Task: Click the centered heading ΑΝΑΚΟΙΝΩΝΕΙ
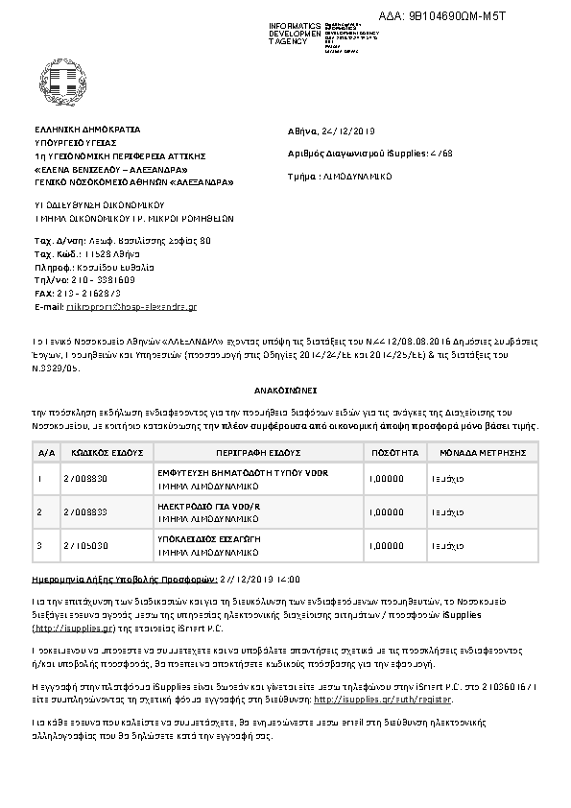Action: (x=285, y=393)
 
